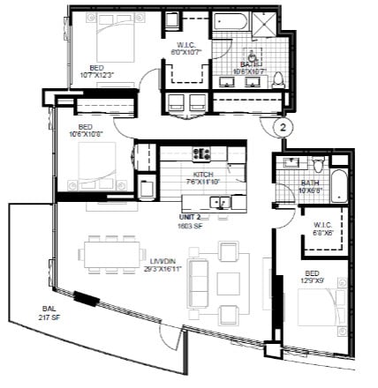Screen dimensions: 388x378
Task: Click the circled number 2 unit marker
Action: click(x=283, y=127)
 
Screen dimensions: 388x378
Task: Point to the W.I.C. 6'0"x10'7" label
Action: click(x=186, y=48)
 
